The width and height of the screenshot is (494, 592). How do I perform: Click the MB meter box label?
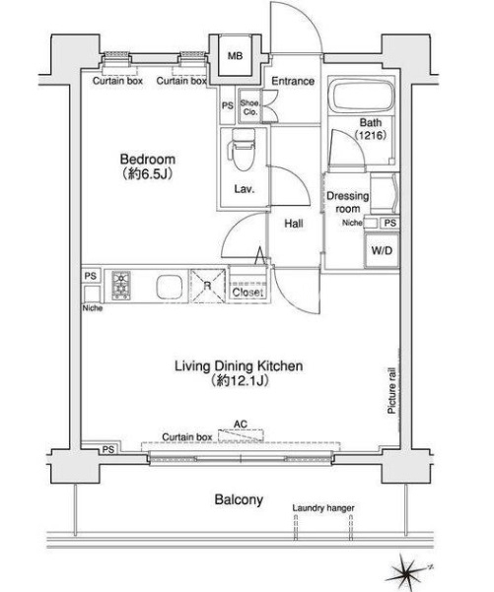coord(235,56)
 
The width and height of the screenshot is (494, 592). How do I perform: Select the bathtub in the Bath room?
coord(361,96)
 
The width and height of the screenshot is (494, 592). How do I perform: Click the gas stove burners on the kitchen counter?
coord(121,286)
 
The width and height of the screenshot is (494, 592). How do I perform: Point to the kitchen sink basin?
coord(169,287)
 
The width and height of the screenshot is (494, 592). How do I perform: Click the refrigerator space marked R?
coord(208,286)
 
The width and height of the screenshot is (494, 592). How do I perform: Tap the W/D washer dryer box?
coord(382,250)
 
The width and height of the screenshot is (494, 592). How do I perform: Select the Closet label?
coord(247,293)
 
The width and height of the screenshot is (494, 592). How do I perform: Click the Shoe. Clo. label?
coord(249,107)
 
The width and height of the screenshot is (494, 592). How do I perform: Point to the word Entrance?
coord(293,81)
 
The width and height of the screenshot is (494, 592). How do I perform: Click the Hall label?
coord(294,224)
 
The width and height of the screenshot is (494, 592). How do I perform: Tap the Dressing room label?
coord(347,202)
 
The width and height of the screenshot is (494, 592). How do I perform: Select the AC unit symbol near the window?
coord(241,435)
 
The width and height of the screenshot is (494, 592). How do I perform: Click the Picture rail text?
coord(391,390)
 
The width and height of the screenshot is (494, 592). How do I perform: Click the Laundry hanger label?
coord(323,508)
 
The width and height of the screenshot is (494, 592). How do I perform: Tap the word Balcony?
coord(239,499)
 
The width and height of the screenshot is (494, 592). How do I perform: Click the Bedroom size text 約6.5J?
coord(147,174)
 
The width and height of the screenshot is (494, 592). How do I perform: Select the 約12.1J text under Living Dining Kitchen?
coord(240,380)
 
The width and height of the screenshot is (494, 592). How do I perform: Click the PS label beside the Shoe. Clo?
coord(227,106)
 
